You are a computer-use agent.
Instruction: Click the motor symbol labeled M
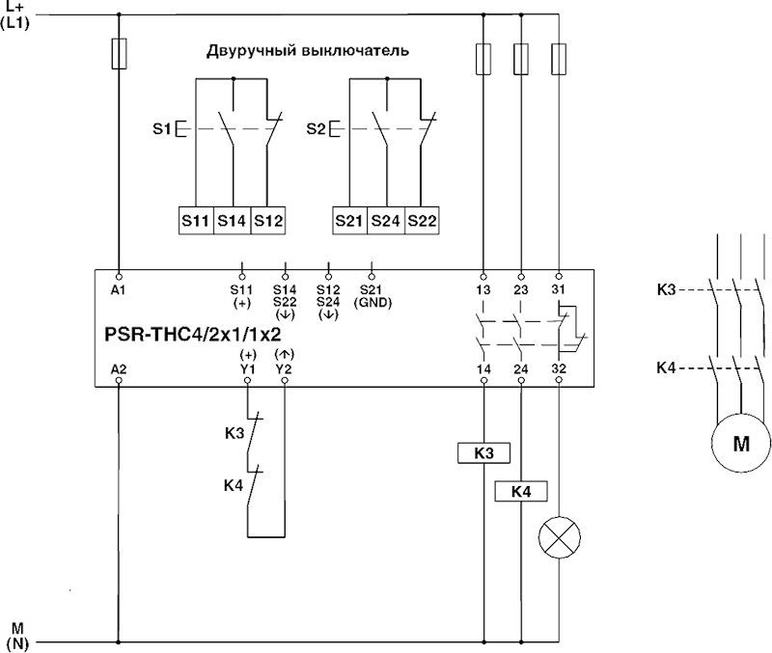click(741, 444)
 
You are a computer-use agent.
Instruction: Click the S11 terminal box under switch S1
click(195, 220)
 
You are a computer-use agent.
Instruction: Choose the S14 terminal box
click(232, 220)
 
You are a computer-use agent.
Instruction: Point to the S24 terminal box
click(386, 220)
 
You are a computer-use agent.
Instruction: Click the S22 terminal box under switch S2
click(423, 220)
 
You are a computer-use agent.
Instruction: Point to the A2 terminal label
click(119, 368)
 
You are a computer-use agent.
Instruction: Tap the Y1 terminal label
click(248, 368)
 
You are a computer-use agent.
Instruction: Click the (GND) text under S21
click(372, 301)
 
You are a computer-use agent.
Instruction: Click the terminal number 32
click(558, 368)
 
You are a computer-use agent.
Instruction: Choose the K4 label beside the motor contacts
click(667, 367)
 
